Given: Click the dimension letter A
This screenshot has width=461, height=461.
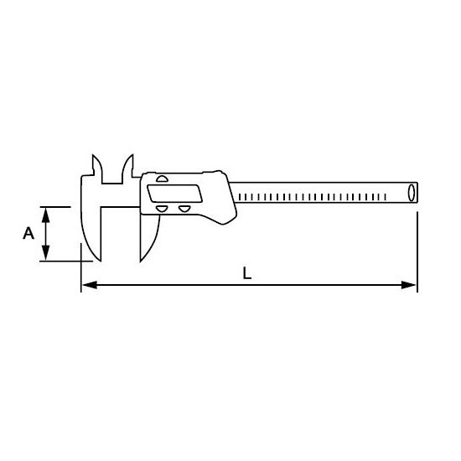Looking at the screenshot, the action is [x=28, y=233].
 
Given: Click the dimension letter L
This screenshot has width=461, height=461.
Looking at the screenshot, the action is [x=247, y=273].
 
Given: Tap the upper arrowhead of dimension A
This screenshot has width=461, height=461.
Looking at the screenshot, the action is [x=45, y=215].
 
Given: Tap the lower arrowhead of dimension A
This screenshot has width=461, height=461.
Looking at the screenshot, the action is [x=45, y=253].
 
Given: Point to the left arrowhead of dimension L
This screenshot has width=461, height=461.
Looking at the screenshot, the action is [x=90, y=285].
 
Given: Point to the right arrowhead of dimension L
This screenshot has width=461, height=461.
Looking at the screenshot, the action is [x=409, y=285].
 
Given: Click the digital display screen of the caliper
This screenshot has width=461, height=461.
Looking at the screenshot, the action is [x=175, y=193].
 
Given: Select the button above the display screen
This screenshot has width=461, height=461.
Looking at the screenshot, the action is [x=162, y=179].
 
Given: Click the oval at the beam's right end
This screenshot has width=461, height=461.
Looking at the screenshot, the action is [x=412, y=192].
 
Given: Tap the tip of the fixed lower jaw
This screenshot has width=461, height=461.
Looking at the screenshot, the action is [x=101, y=261].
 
